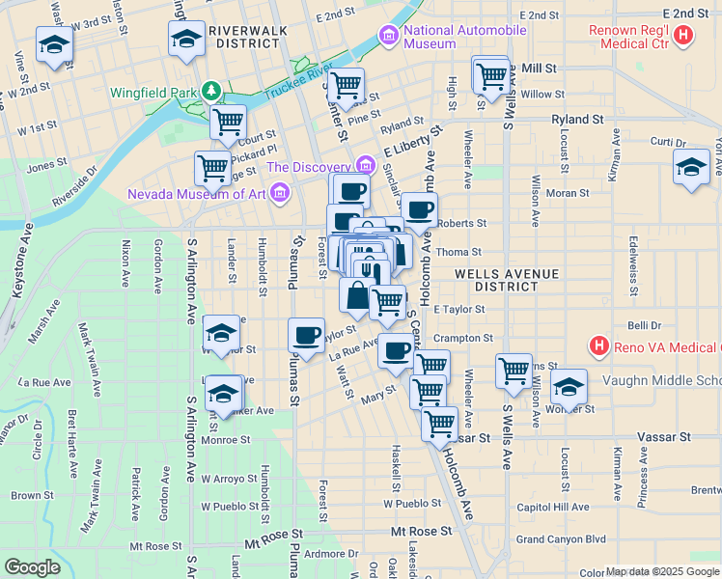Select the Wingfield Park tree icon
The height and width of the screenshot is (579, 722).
tap(209, 92)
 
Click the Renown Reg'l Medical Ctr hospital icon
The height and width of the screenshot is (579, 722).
tap(683, 37)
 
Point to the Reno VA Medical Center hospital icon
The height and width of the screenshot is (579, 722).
tap(598, 345)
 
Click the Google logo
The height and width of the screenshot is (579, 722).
tap(33, 567)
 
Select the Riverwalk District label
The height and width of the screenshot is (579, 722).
tap(239, 37)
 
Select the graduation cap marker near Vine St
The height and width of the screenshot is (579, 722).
tap(53, 44)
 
